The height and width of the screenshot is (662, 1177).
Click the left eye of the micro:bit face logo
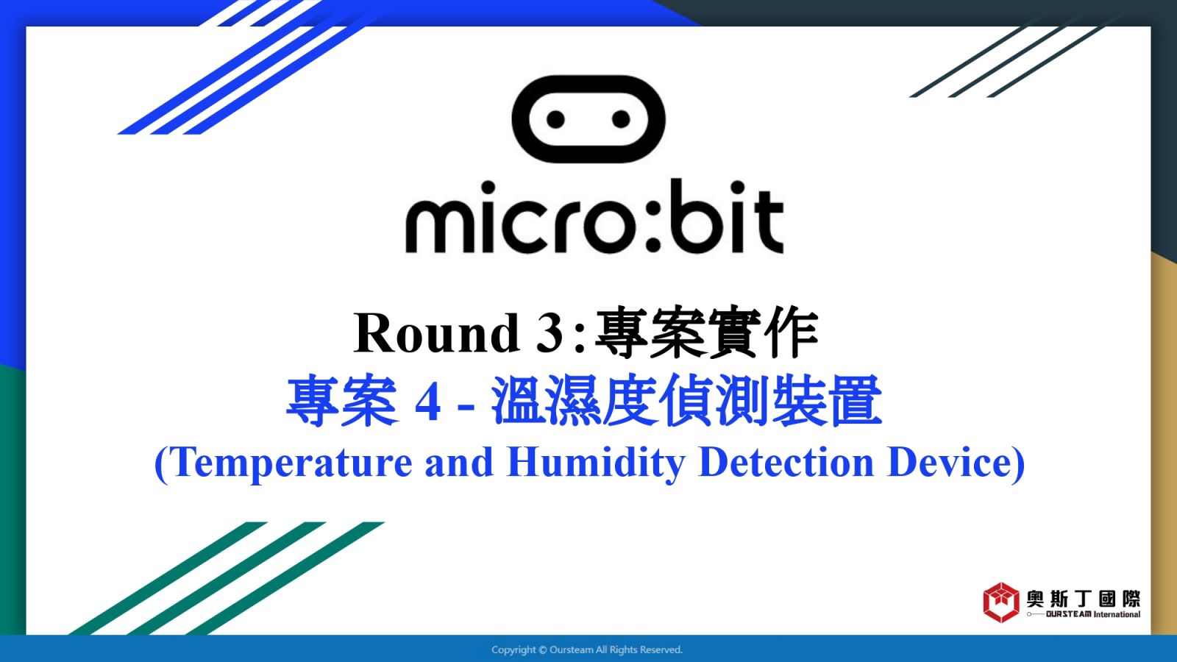[x=556, y=119]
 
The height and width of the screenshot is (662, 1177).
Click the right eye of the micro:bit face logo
[x=621, y=119]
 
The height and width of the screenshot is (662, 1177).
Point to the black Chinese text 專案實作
[x=707, y=332]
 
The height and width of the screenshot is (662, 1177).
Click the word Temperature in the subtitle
[x=291, y=463]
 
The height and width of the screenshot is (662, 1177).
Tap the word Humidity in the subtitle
[x=597, y=463]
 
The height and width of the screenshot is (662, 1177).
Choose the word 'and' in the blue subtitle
[x=459, y=463]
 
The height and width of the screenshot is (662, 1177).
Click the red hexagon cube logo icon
[x=1001, y=602]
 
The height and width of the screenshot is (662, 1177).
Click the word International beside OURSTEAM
[x=1117, y=614]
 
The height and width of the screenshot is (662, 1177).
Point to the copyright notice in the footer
[x=587, y=650]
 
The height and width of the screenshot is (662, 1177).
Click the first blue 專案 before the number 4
[x=341, y=402]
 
